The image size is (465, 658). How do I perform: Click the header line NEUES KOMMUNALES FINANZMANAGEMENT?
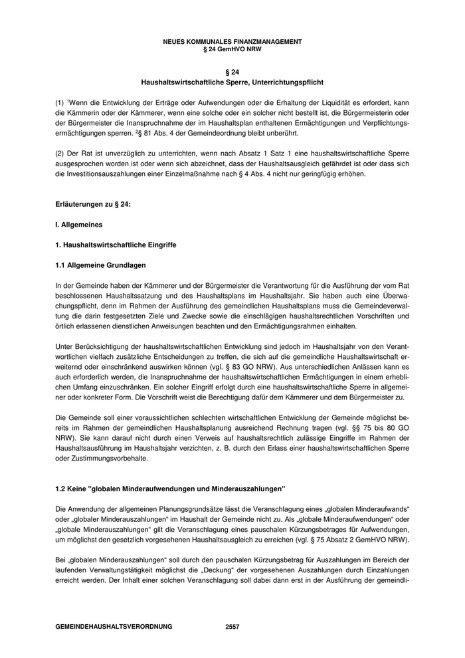pos(232,41)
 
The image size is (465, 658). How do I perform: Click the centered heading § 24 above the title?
pos(232,72)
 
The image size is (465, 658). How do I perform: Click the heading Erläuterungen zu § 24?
pos(92,205)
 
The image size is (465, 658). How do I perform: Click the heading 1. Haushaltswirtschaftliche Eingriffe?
pos(116,246)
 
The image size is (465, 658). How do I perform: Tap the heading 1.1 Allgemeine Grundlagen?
pos(100,266)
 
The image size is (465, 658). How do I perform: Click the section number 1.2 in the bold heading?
pos(61,489)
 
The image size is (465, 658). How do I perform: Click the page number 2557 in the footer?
pos(232,627)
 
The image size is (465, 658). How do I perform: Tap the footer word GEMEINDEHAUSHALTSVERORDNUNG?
pos(114,627)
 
